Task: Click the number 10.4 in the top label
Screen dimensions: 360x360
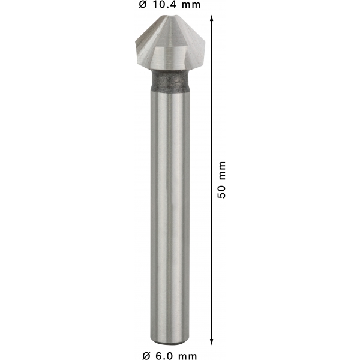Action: coord(166,4)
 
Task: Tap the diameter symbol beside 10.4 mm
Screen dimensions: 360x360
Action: coord(143,5)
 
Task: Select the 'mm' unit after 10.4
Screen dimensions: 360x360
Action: coord(192,5)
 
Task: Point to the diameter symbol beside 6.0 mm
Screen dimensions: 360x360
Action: coord(147,356)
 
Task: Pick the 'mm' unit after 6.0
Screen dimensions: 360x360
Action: coord(188,356)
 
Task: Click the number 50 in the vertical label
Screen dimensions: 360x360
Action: coord(222,192)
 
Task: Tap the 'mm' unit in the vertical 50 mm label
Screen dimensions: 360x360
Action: coord(223,170)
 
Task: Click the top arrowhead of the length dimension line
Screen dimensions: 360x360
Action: coord(212,18)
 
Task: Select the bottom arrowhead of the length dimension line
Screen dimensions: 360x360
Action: coord(212,342)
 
